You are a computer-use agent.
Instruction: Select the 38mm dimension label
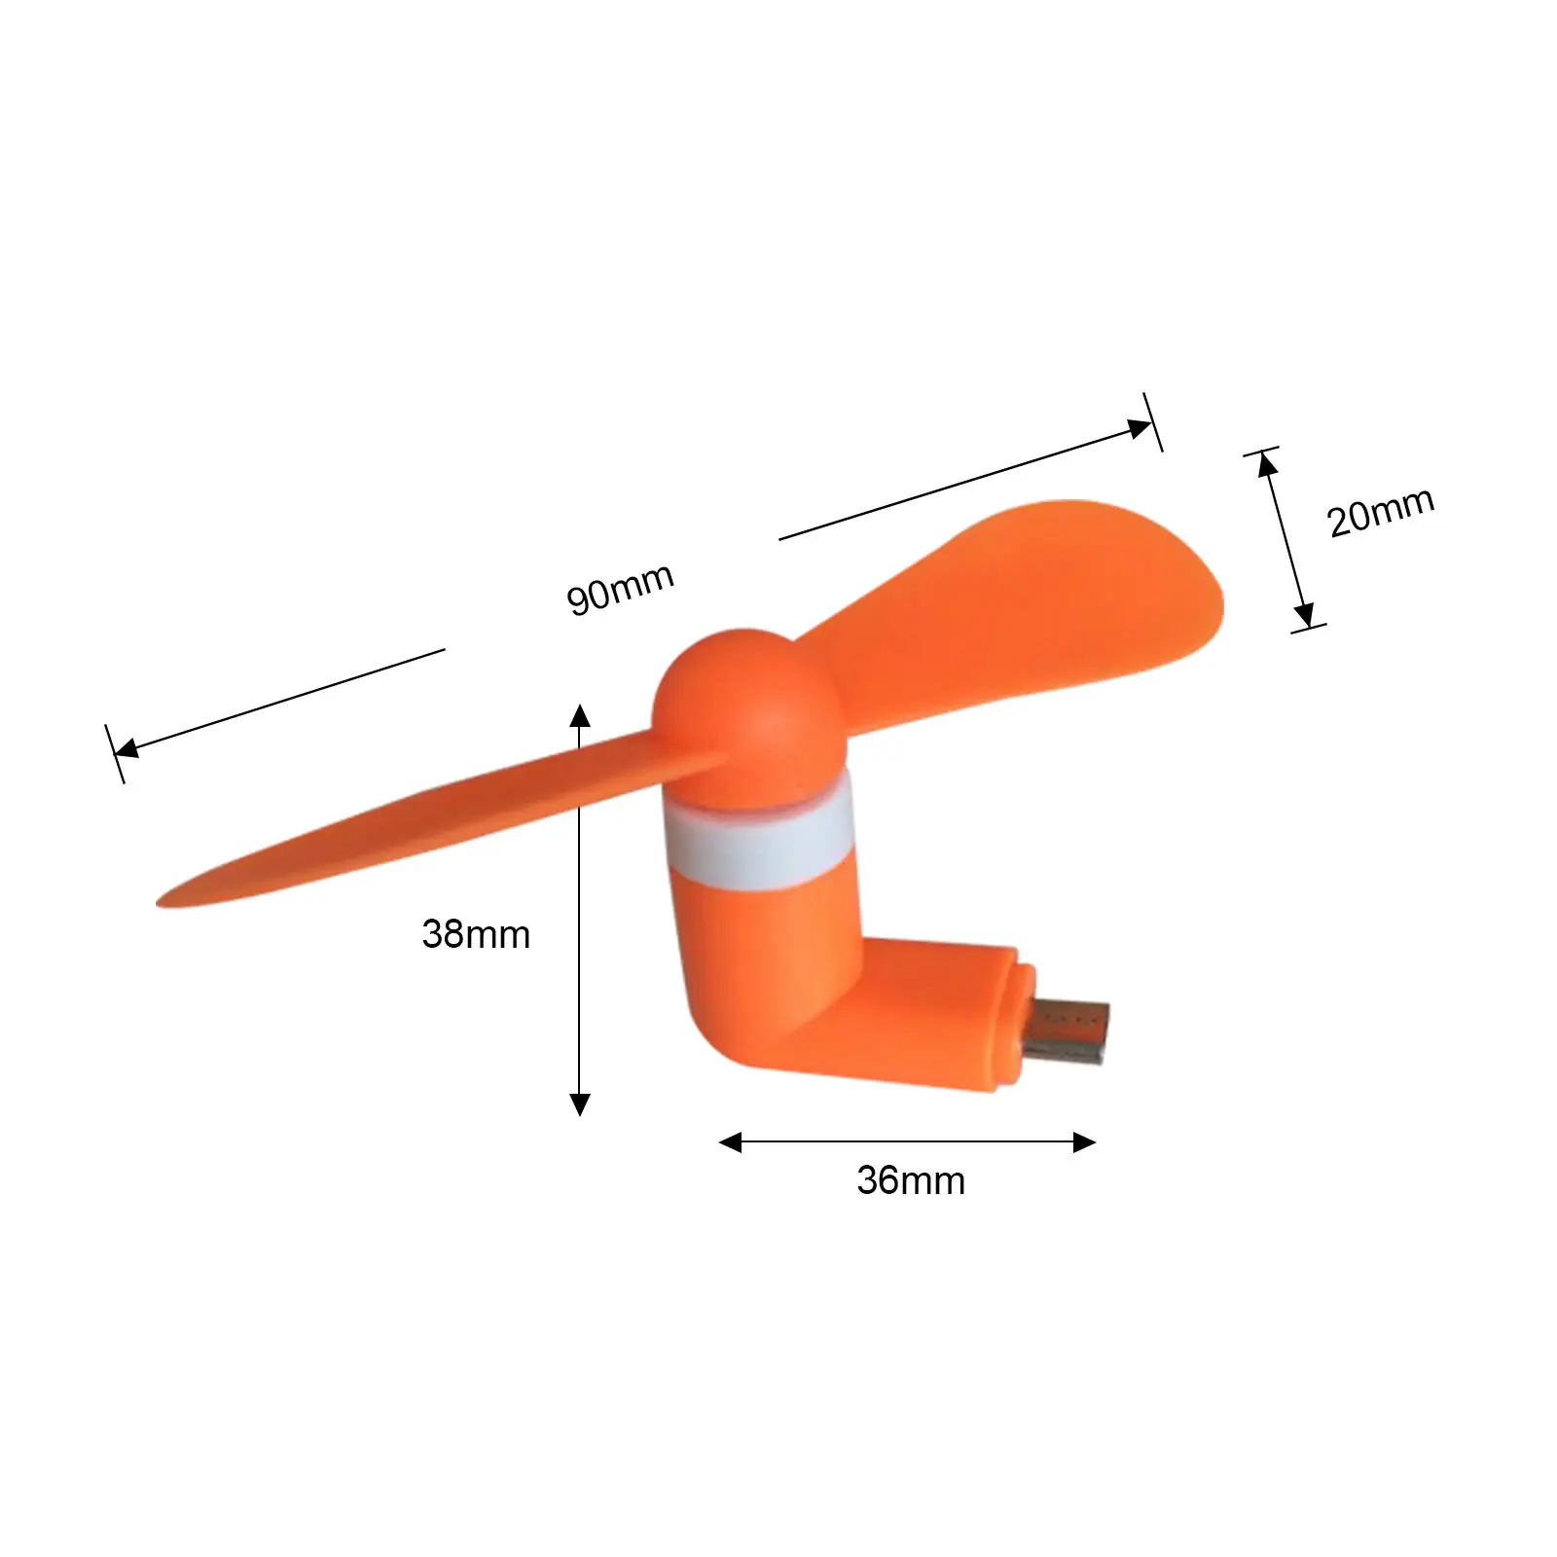[476, 934]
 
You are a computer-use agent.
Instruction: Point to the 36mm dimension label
[911, 1180]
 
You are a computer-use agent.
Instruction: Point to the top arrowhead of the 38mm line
[580, 715]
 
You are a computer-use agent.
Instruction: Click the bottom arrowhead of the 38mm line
[580, 1104]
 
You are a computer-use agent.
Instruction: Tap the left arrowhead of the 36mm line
[730, 1142]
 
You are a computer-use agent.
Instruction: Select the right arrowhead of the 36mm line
[1084, 1142]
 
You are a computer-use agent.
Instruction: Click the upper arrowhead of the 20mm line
[1267, 465]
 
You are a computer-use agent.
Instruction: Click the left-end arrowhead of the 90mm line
[127, 748]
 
